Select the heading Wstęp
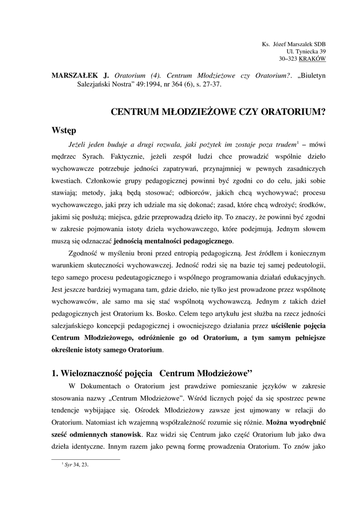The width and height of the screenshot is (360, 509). coord(64,131)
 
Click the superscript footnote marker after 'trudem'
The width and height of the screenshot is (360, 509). coord(297,143)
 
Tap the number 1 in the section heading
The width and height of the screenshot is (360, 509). coord(54,372)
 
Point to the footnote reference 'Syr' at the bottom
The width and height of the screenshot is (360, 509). coord(69,465)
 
